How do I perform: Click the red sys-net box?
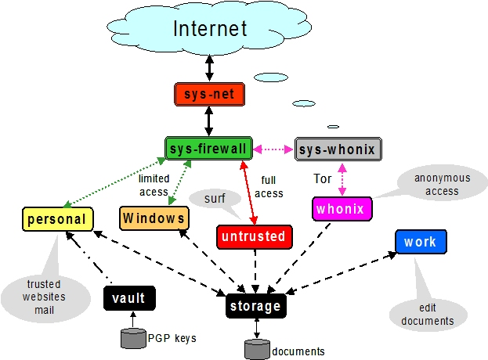click(x=209, y=95)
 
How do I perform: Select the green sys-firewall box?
click(x=208, y=148)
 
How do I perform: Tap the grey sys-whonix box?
click(x=338, y=149)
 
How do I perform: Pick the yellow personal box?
click(x=56, y=218)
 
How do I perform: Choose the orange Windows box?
click(x=154, y=218)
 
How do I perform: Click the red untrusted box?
click(x=253, y=236)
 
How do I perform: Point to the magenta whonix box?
click(x=342, y=209)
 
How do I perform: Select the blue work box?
click(x=421, y=242)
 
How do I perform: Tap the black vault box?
click(x=129, y=297)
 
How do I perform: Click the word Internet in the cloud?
click(x=209, y=30)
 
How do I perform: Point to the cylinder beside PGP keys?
click(x=132, y=339)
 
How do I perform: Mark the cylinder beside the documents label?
click(x=257, y=349)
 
